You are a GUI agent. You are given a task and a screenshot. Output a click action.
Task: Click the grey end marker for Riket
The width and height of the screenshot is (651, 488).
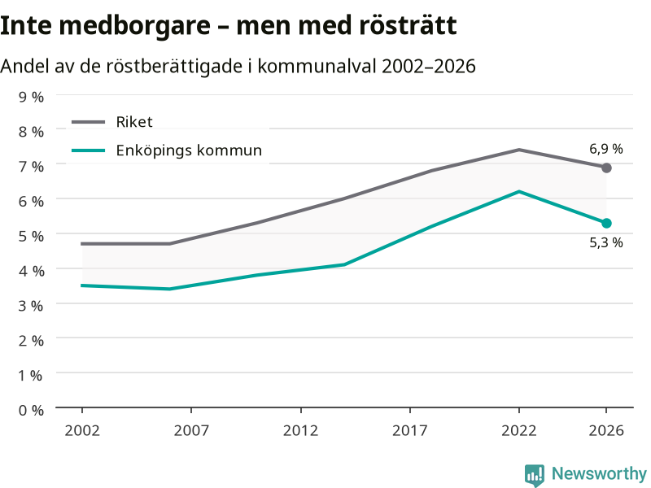pos(606,168)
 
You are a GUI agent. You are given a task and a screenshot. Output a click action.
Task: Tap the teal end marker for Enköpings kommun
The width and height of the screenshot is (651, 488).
pos(606,223)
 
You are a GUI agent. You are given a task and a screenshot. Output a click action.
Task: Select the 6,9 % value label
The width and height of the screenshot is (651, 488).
pos(606,149)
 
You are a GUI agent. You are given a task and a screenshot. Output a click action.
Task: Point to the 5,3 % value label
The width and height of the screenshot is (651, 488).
pos(606,242)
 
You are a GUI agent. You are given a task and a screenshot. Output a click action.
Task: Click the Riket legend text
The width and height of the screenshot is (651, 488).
pos(134,122)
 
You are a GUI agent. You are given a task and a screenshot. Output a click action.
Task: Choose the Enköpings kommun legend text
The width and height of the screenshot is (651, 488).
pos(189,150)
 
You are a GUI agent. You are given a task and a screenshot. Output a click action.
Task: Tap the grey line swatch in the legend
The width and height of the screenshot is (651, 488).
pos(88,122)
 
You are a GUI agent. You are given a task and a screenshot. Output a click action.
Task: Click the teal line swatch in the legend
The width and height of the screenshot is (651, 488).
pos(88,150)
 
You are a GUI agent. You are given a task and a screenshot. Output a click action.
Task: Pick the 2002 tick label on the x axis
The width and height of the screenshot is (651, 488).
pos(82,431)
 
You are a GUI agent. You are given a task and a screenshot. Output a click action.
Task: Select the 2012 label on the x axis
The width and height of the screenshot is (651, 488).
pos(300,431)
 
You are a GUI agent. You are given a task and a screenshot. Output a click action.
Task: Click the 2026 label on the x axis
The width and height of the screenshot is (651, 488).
pos(606,431)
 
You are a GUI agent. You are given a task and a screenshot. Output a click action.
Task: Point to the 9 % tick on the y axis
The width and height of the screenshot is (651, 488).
pos(31,97)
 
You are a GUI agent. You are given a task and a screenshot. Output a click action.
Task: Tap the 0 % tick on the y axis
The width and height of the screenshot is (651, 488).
pos(31,411)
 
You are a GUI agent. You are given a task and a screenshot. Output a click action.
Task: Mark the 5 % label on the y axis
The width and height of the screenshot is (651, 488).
pos(31,236)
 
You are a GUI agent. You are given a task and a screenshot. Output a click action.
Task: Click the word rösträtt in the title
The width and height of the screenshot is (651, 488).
pos(408,25)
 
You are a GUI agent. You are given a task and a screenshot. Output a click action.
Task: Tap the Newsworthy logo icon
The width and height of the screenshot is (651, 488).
pos(535,475)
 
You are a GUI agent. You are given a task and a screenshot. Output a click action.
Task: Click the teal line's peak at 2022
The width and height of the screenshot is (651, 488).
pos(519,191)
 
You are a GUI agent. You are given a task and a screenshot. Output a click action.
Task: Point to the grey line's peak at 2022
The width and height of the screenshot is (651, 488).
pos(519,150)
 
